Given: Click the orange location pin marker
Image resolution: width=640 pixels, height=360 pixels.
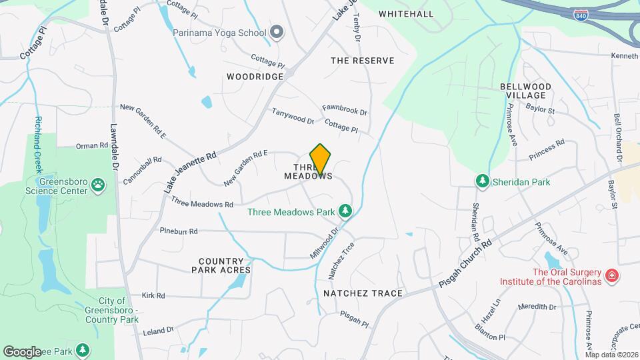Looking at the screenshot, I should pos(321,159).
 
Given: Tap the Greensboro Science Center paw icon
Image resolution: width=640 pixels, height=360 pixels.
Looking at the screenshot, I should pos(98,183).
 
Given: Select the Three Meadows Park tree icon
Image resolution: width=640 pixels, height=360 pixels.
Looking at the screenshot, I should pos(345,212).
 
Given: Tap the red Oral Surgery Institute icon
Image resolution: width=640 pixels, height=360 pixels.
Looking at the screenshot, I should pos(611,275).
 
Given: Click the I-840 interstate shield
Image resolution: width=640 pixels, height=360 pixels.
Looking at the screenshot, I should pos(581,15).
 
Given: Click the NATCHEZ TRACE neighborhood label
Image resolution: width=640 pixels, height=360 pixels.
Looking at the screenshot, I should pos(363,293).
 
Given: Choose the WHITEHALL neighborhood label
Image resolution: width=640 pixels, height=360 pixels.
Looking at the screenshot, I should pos(406,13).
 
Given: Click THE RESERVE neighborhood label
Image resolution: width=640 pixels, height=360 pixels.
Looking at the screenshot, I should pos(363,61).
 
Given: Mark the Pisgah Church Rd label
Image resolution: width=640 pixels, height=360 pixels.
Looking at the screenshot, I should pos(465,265).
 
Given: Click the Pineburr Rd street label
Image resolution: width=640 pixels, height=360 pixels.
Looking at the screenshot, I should pos(179,231).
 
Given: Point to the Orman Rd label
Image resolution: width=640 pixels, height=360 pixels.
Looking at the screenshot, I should pos(92,145).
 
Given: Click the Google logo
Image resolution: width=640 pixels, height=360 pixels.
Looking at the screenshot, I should pos(23,351).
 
